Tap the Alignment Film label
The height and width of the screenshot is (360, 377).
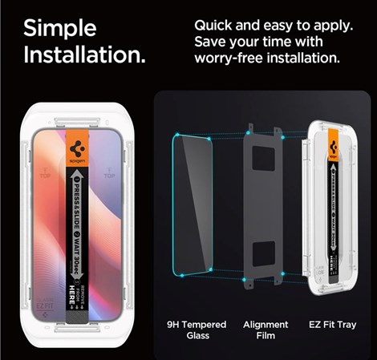[266, 330]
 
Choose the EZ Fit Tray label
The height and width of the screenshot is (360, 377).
[335, 325]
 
